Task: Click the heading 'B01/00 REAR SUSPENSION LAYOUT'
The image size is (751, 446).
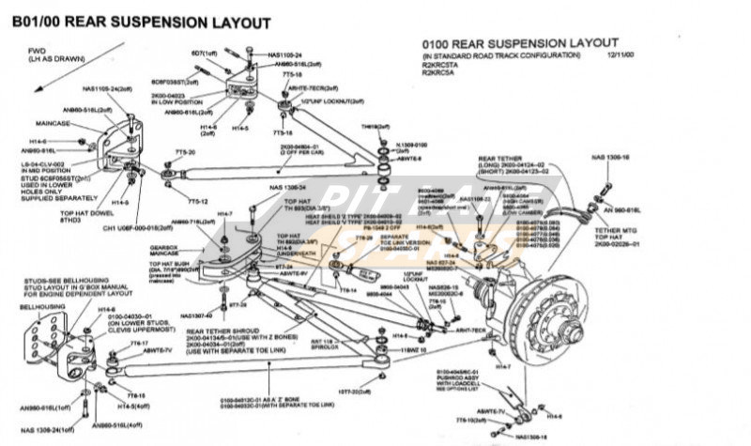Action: pos(141,21)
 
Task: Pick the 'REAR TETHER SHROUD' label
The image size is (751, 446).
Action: pos(221,331)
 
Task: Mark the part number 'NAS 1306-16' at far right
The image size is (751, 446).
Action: pos(611,157)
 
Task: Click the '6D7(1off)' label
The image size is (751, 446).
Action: pos(206,54)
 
